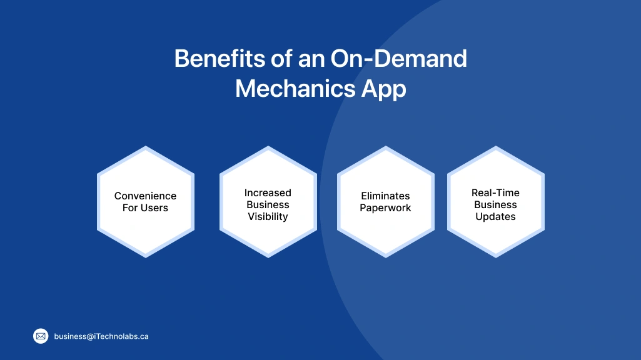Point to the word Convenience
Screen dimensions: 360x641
(x=145, y=196)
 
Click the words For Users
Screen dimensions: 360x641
(x=145, y=207)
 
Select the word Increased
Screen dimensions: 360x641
(x=268, y=192)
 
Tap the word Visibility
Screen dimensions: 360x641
(x=268, y=216)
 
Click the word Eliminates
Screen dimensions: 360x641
(x=385, y=196)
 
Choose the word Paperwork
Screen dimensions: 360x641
(x=385, y=207)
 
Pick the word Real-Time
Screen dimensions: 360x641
(x=495, y=192)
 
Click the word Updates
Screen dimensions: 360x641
(x=495, y=216)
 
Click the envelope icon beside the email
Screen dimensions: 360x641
(x=41, y=336)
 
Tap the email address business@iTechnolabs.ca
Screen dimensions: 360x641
(x=101, y=336)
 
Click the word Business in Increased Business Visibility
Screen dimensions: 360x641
(x=268, y=204)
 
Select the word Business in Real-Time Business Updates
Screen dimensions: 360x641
(x=495, y=204)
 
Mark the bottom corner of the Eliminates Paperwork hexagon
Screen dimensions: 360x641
(x=386, y=256)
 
